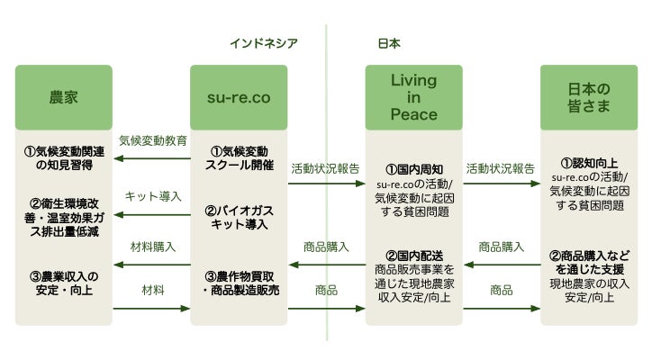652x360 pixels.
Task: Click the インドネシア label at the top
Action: click(x=264, y=43)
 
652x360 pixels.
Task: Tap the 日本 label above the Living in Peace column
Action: click(x=389, y=43)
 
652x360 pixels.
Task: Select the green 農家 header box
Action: click(x=64, y=97)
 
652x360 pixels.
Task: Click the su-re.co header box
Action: click(x=239, y=97)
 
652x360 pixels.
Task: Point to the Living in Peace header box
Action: click(x=413, y=97)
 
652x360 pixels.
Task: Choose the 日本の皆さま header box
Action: click(x=589, y=97)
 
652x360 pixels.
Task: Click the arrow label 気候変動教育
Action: click(x=153, y=140)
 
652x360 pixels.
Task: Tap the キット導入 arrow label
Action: click(x=153, y=196)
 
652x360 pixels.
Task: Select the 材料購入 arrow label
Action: click(x=153, y=247)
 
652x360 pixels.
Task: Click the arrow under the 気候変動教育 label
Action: click(x=152, y=158)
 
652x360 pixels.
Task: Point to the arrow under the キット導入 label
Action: click(x=152, y=215)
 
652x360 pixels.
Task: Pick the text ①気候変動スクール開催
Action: click(x=240, y=158)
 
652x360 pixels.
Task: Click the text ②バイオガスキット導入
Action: click(x=240, y=218)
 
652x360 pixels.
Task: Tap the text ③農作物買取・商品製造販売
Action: click(x=241, y=283)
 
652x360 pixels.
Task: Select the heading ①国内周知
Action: click(x=414, y=169)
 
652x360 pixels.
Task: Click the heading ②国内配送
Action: click(x=414, y=256)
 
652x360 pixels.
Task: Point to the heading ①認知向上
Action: click(x=589, y=163)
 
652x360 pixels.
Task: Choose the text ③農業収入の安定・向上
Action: click(x=64, y=283)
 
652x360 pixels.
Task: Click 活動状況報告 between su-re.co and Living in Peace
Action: click(x=325, y=169)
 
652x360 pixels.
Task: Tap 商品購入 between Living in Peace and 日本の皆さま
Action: click(x=501, y=247)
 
